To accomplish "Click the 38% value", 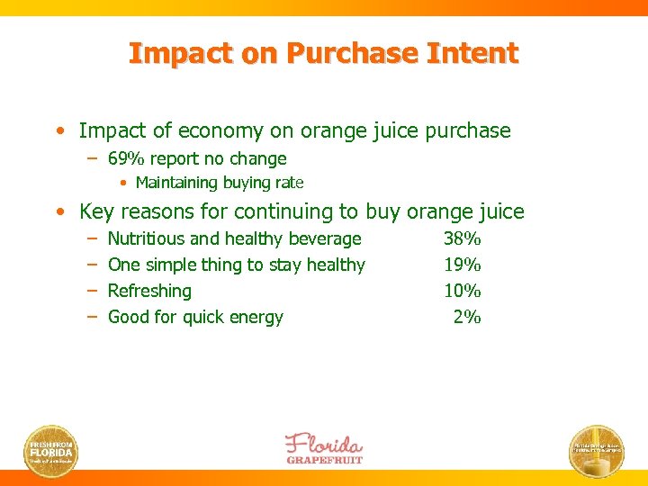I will click(x=463, y=238).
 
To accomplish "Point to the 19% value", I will click(x=463, y=265).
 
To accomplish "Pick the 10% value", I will click(x=463, y=291).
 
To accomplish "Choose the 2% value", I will click(x=468, y=317).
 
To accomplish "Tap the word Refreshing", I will click(x=149, y=291).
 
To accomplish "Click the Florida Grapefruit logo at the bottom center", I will click(x=324, y=447).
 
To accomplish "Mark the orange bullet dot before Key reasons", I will click(x=58, y=213).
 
